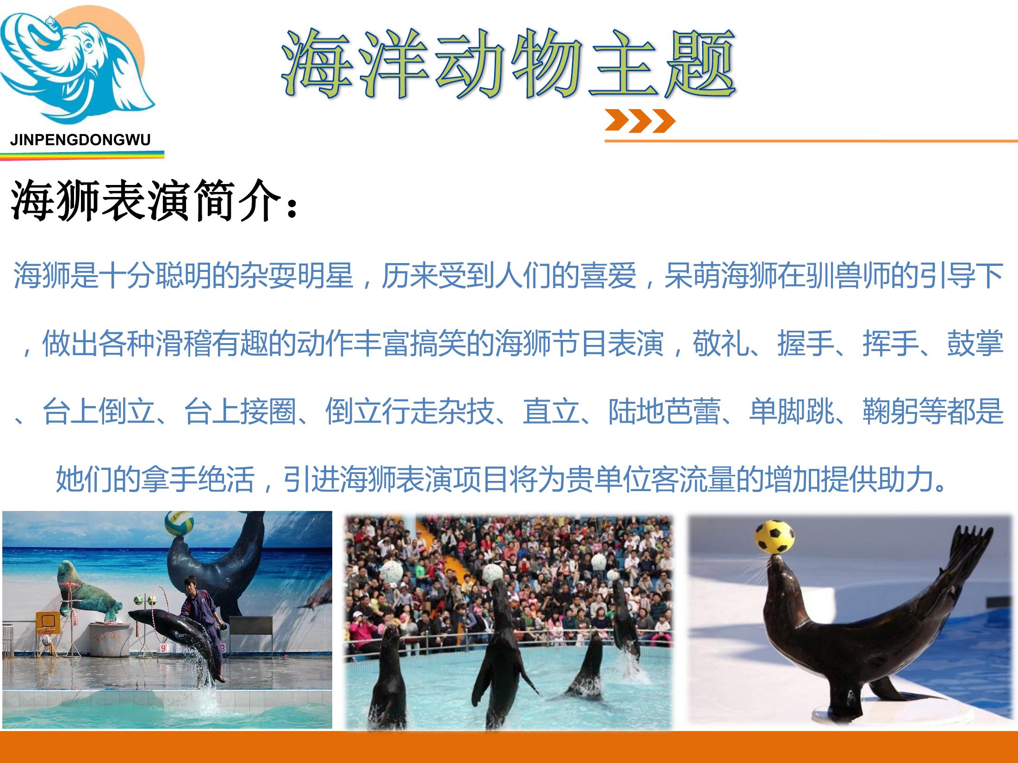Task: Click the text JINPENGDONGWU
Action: coord(81,140)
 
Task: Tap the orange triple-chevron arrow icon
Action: coord(640,121)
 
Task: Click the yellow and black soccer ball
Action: coord(775,537)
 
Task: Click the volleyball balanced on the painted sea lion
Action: coord(179,523)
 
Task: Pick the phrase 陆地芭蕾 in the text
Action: coord(664,411)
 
